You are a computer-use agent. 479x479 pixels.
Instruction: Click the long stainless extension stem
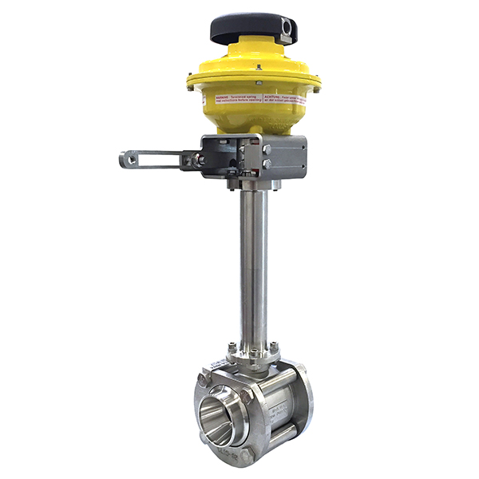pos(251,263)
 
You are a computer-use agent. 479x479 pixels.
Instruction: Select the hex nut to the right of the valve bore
pos(247,394)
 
